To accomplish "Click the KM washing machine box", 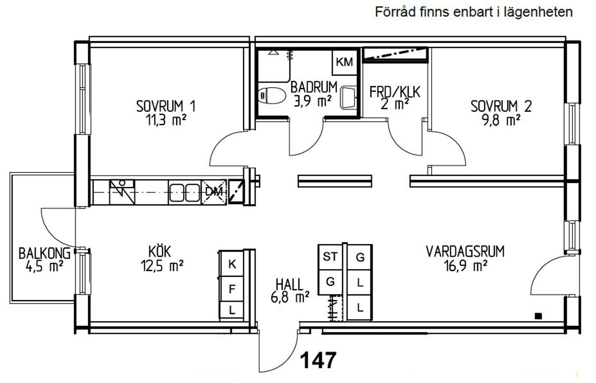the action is (344, 62).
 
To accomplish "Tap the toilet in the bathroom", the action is (272, 95).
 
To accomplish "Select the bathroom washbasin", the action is (348, 97).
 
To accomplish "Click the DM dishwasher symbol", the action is (214, 192).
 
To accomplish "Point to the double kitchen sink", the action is (184, 192).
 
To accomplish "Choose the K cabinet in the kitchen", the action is (232, 264).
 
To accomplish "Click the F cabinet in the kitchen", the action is (232, 289).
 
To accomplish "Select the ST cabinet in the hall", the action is (330, 257).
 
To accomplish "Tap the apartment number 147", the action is (318, 360).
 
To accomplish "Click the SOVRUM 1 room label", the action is (166, 106).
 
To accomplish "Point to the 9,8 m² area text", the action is (501, 120).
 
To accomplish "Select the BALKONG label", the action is (45, 253).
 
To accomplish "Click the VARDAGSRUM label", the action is (465, 251).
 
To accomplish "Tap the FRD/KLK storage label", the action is (395, 92).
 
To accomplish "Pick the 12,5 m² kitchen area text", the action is (162, 265).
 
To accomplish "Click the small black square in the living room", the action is (539, 316).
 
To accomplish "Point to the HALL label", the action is (289, 284).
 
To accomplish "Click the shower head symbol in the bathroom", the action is (272, 52).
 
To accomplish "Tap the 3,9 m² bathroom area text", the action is (313, 101).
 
